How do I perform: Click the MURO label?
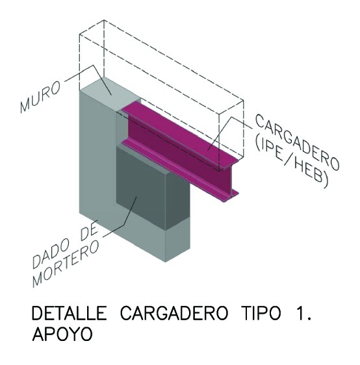pyautogui.click(x=40, y=96)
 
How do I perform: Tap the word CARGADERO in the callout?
pyautogui.click(x=297, y=142)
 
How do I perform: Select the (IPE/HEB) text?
pyautogui.click(x=292, y=162)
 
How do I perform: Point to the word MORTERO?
pyautogui.click(x=66, y=264)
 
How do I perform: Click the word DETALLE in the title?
pyautogui.click(x=69, y=313)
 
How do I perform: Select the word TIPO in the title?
pyautogui.click(x=261, y=313)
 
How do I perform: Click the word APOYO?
pyautogui.click(x=62, y=334)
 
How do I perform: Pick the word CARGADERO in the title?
pyautogui.click(x=174, y=313)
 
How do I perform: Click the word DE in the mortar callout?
pyautogui.click(x=89, y=233)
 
